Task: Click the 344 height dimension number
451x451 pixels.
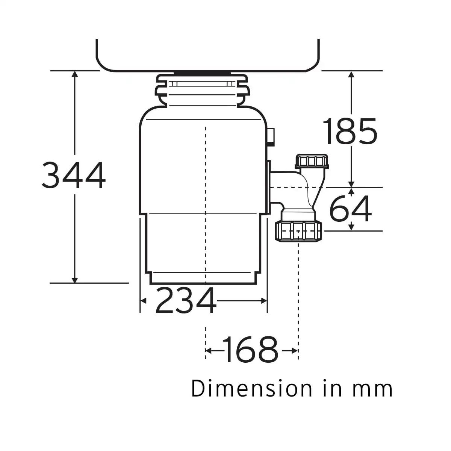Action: (74, 175)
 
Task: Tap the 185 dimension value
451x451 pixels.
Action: (350, 131)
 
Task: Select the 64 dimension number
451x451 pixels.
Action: (350, 209)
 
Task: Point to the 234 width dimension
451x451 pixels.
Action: (186, 301)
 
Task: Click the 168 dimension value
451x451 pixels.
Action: (250, 350)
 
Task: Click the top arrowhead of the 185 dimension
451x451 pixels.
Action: (351, 74)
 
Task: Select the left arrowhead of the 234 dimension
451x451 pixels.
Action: (143, 301)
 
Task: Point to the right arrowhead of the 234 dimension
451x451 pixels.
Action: (264, 301)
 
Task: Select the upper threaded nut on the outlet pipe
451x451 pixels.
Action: (312, 161)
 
